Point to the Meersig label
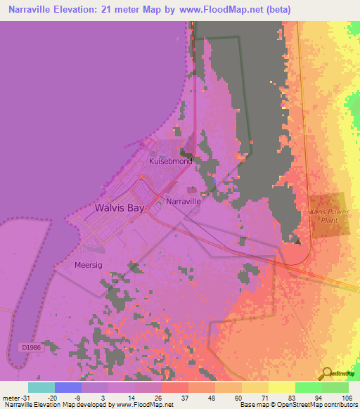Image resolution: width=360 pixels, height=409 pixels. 89,265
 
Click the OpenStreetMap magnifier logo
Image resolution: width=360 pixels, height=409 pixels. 328,373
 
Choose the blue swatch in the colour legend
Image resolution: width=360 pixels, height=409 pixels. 67,387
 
